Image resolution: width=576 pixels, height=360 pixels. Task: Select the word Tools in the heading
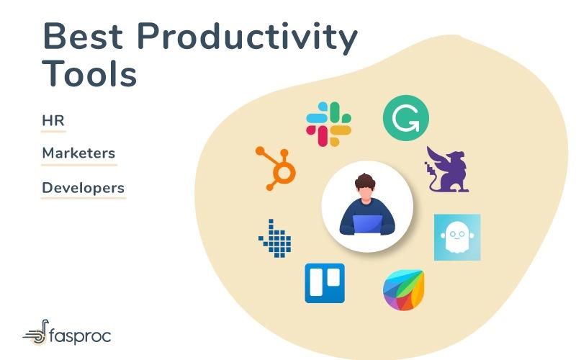(x=89, y=73)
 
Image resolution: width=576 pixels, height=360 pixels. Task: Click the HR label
(x=53, y=120)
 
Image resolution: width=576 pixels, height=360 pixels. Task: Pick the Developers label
(x=83, y=188)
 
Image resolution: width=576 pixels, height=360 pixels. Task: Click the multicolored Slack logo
(x=328, y=124)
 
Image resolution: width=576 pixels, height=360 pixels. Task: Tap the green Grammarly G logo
(x=405, y=117)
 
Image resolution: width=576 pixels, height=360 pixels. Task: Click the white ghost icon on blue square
(x=456, y=237)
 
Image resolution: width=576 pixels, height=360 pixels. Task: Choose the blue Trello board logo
(x=325, y=283)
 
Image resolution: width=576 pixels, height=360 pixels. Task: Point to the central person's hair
(x=366, y=181)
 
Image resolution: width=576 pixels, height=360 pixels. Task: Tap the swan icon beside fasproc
(x=36, y=333)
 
